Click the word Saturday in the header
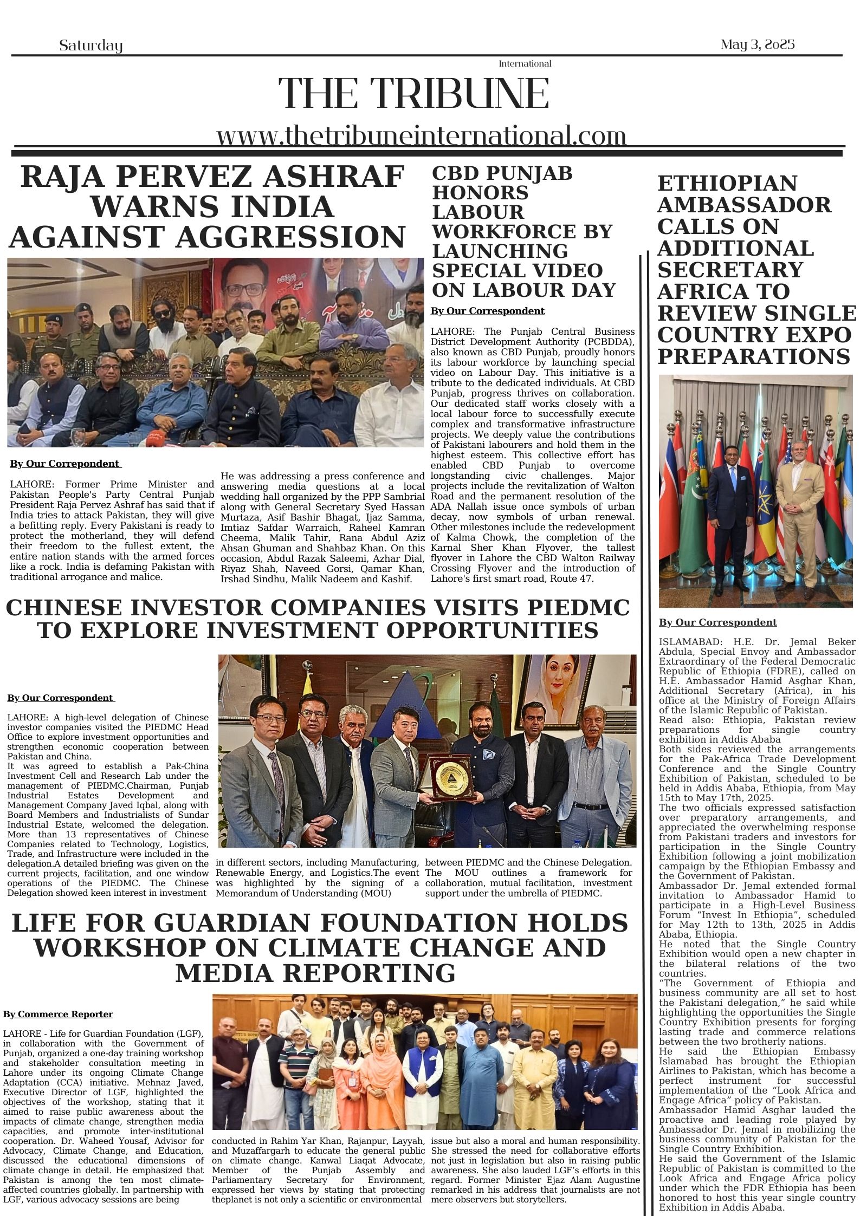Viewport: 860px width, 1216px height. pos(90,45)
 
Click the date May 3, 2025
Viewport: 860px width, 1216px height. pos(757,44)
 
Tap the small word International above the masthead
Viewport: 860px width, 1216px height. pos(524,64)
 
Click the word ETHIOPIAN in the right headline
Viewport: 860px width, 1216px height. pos(727,183)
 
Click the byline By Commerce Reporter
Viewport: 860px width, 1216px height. pos(58,1015)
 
